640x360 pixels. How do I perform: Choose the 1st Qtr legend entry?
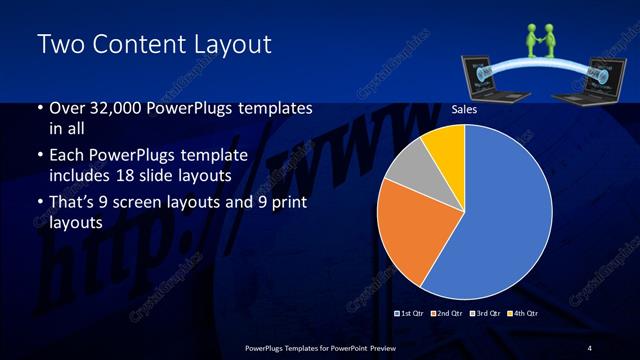(x=411, y=314)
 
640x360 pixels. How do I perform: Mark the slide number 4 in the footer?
(x=589, y=347)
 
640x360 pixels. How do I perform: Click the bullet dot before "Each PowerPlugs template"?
(x=40, y=156)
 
